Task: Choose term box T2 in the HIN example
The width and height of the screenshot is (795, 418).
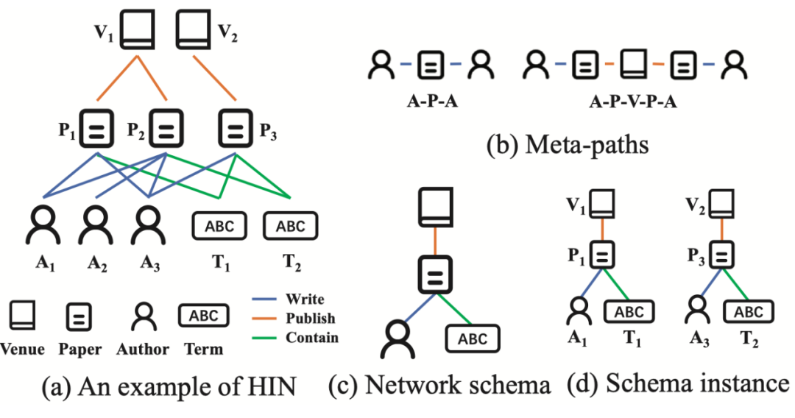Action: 290,226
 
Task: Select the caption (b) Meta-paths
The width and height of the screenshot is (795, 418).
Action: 568,144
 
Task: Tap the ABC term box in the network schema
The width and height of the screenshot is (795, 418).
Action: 472,339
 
